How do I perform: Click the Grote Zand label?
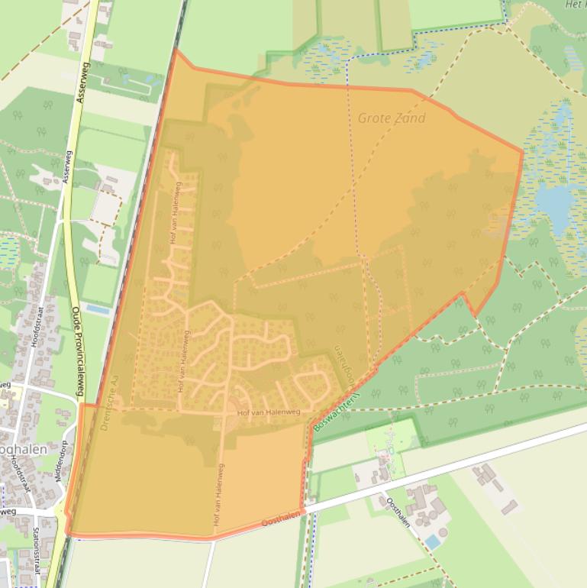coord(392,118)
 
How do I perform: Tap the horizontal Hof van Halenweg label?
coord(269,412)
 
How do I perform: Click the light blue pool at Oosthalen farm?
coord(433,541)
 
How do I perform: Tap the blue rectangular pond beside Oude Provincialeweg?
coord(97,309)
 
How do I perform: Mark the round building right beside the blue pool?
coord(443,531)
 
